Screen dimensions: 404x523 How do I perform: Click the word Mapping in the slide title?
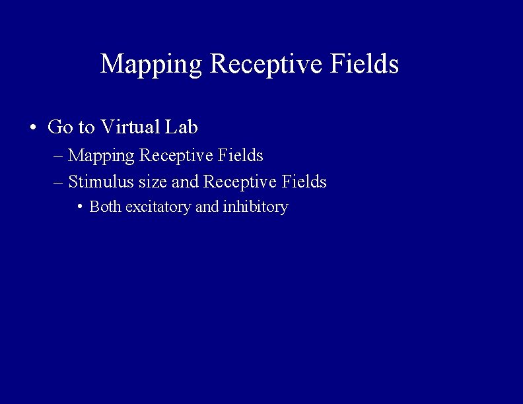[151, 65]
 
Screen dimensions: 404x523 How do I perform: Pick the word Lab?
[182, 127]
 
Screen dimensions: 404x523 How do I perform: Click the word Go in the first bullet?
[61, 127]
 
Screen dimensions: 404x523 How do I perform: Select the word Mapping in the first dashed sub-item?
[102, 156]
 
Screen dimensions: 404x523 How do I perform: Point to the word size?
[153, 182]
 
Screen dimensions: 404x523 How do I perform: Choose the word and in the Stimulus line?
[186, 182]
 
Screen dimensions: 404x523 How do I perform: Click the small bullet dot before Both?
[79, 207]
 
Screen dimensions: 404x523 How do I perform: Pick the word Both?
[105, 207]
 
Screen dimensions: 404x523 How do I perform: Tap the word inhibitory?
[256, 207]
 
